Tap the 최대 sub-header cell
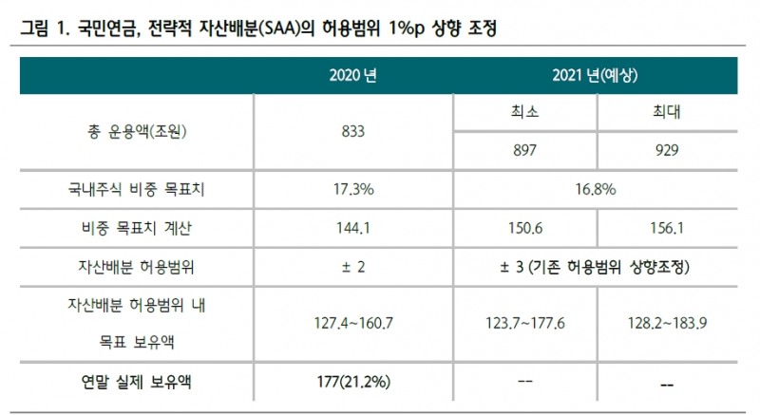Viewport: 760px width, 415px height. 666,113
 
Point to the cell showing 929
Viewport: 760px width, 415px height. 666,150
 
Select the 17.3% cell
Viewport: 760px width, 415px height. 353,190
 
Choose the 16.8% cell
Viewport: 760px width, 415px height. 596,190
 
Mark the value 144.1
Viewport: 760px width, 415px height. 353,228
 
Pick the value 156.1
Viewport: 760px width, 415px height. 666,228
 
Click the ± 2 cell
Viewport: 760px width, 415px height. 353,267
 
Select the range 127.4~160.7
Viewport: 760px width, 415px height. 353,323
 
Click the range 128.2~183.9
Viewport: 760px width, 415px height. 666,323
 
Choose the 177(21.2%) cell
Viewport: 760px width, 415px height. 353,384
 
